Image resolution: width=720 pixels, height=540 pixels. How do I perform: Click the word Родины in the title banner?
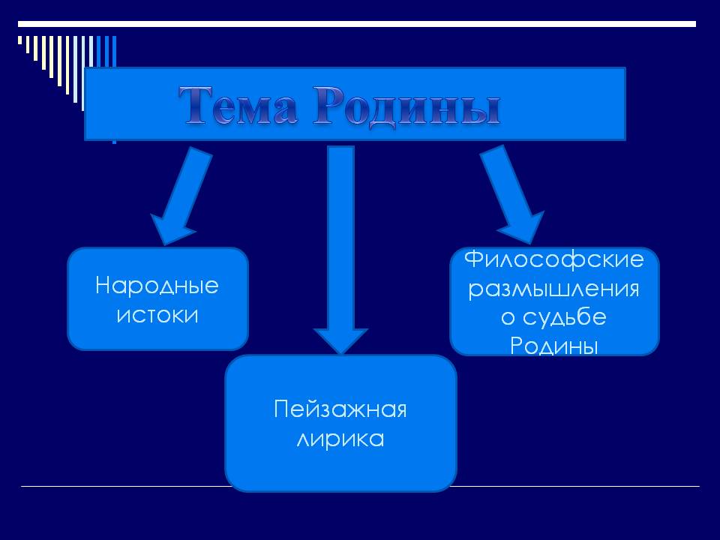point(406,106)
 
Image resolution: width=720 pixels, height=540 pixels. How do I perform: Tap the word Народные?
point(157,286)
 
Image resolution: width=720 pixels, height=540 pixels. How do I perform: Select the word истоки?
point(157,314)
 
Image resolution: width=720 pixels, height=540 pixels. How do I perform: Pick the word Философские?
point(554,260)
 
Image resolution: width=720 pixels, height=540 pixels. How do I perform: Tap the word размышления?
point(554,289)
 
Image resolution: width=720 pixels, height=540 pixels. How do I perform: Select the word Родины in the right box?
point(554,346)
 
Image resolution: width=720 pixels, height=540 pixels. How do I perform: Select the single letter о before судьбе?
point(508,318)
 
